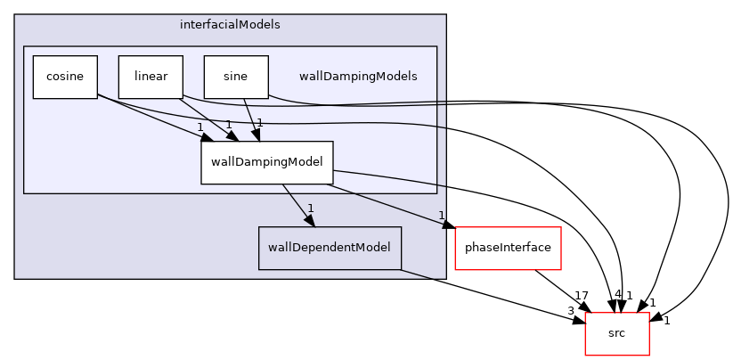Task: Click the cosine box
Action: tap(65, 77)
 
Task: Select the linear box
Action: tap(151, 77)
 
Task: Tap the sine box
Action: tap(236, 77)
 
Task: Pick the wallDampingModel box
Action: tap(267, 162)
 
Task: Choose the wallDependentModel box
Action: tap(330, 248)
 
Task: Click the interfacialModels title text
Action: tap(230, 25)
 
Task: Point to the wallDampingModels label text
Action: tap(358, 77)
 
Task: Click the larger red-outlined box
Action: tap(508, 248)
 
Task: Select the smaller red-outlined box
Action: tap(616, 333)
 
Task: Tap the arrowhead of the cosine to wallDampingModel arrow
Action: tap(205, 136)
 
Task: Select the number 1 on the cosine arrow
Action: tap(200, 127)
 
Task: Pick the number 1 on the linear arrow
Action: tap(229, 125)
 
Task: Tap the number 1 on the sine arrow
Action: tap(260, 123)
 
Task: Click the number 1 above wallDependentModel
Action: tap(311, 209)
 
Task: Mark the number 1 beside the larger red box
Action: tap(441, 215)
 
